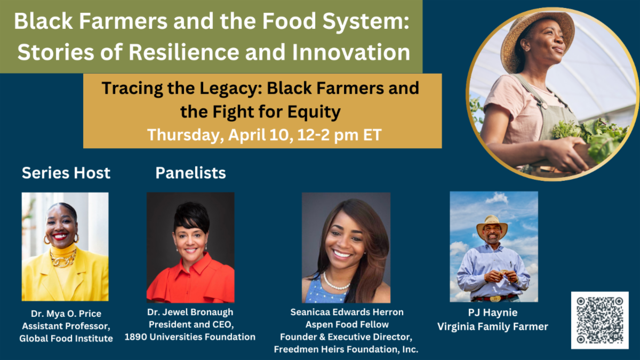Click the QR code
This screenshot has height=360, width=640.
[x=599, y=320]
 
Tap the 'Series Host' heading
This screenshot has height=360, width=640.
[x=66, y=173]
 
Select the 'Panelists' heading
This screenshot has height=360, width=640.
[x=190, y=173]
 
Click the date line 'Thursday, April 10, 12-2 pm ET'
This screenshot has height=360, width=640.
[x=265, y=135]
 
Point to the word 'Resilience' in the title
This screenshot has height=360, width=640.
[x=183, y=52]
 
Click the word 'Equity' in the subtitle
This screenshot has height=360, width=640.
[x=314, y=112]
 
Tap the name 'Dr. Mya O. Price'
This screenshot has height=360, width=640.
[x=66, y=314]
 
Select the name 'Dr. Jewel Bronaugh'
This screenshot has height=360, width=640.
[x=190, y=313]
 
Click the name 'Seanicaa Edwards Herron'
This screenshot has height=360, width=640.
[x=347, y=312]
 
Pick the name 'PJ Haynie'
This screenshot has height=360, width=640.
[x=493, y=313]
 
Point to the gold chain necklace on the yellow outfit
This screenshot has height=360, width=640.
[x=63, y=258]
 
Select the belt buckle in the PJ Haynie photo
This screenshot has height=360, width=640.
[x=495, y=299]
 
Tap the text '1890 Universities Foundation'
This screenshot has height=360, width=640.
[x=190, y=337]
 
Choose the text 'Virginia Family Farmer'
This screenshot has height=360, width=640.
[x=493, y=326]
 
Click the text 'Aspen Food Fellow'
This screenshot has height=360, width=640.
[x=347, y=325]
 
